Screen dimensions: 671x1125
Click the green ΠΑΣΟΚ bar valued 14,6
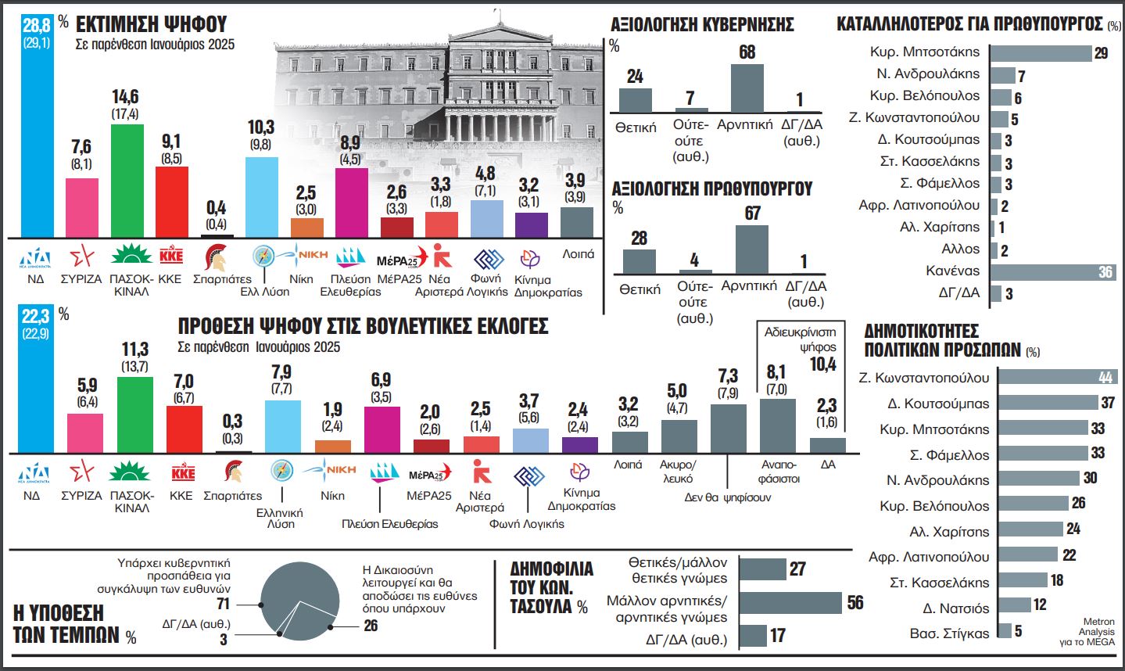[x=127, y=180]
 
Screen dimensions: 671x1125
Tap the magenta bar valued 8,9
[x=351, y=203]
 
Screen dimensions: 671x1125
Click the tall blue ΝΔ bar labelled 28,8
[x=36, y=125]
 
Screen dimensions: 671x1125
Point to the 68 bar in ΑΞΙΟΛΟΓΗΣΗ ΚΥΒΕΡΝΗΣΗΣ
[x=747, y=88]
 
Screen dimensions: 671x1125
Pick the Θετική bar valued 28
[x=639, y=260]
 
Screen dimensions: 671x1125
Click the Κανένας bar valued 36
[x=1052, y=272]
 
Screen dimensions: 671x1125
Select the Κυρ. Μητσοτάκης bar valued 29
[x=1040, y=53]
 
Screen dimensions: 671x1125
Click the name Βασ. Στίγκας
[x=949, y=633]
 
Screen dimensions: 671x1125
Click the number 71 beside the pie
[x=223, y=604]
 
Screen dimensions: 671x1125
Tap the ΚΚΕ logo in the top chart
[x=171, y=256]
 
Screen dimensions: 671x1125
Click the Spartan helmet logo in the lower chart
[x=232, y=472]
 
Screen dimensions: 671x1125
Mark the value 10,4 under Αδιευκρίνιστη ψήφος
[x=822, y=364]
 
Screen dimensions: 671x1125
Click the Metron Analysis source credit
[x=1098, y=632]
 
